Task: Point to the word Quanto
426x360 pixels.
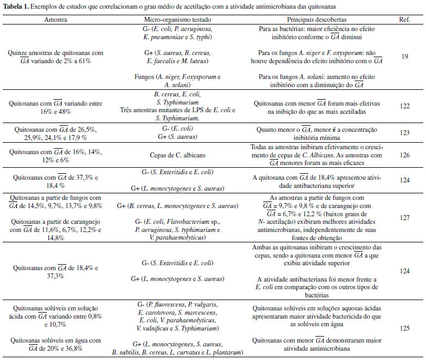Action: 268,130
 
